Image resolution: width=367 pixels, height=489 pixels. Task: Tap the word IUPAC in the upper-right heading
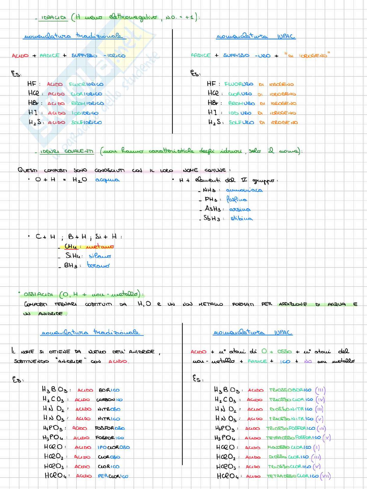pyautogui.click(x=286, y=36)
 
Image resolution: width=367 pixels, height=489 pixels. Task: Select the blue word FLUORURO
pyautogui.click(x=239, y=84)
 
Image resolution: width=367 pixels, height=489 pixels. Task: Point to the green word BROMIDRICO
pyautogui.click(x=87, y=103)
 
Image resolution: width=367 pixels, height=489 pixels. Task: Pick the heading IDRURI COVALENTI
pyautogui.click(x=67, y=151)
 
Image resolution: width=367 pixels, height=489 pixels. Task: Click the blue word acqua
pyautogui.click(x=107, y=180)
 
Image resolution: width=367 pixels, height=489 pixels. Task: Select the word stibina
pyautogui.click(x=242, y=218)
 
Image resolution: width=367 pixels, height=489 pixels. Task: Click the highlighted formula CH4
pyautogui.click(x=70, y=247)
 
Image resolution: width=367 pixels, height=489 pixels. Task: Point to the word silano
pyautogui.click(x=100, y=256)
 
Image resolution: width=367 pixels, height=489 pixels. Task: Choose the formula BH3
pyautogui.click(x=71, y=265)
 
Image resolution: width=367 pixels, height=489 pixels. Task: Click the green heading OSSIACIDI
pyautogui.click(x=38, y=294)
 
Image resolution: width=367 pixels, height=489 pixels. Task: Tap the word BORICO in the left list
pyautogui.click(x=109, y=390)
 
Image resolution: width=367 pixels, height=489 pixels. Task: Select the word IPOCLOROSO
pyautogui.click(x=113, y=447)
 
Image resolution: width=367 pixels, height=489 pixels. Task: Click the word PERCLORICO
pyautogui.click(x=113, y=476)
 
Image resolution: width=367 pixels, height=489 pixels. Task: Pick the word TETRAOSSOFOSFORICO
pyautogui.click(x=293, y=438)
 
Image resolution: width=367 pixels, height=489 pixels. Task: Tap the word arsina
pyautogui.click(x=240, y=209)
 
